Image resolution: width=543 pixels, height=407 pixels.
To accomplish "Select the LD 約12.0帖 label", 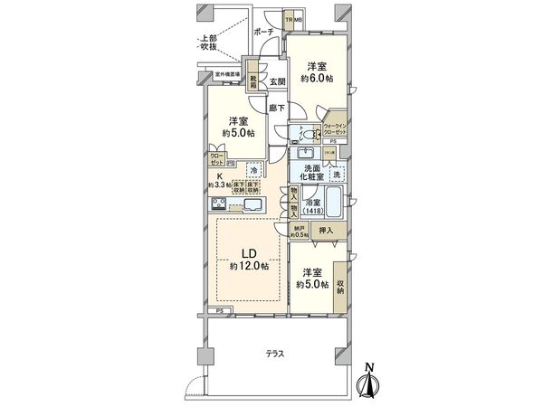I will point(247,260).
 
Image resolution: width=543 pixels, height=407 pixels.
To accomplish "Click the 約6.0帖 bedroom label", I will point(316,72).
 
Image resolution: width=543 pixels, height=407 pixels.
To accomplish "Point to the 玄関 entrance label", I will point(277,81).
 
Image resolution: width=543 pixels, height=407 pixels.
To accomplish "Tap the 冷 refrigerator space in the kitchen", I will point(253,169).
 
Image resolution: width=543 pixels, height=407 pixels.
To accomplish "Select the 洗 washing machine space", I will point(337,174).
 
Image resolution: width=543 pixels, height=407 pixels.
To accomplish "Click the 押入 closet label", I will point(328,232).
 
